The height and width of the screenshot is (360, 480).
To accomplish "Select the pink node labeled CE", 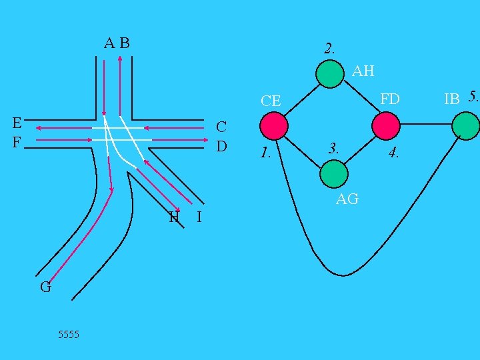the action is tap(273, 125).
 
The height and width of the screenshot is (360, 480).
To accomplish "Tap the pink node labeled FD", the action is tap(386, 125).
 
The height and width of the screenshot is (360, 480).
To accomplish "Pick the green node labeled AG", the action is tap(333, 174).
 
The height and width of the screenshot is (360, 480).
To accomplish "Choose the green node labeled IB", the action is tap(465, 125).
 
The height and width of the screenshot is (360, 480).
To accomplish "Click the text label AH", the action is tap(363, 71).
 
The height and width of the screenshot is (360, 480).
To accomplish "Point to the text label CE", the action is tap(271, 101).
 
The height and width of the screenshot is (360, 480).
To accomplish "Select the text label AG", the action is tap(347, 199).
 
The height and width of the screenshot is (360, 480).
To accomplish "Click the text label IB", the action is tap(452, 99).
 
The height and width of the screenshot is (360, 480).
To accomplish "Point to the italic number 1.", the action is tap(265, 153).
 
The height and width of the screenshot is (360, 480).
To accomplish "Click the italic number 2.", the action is tap(329, 48).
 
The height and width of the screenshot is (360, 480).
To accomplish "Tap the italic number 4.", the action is tap(395, 153).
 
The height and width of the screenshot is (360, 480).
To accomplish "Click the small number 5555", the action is tap(68, 334).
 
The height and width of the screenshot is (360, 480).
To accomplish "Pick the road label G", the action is tap(45, 288).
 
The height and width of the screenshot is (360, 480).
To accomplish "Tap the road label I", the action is tap(199, 217).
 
